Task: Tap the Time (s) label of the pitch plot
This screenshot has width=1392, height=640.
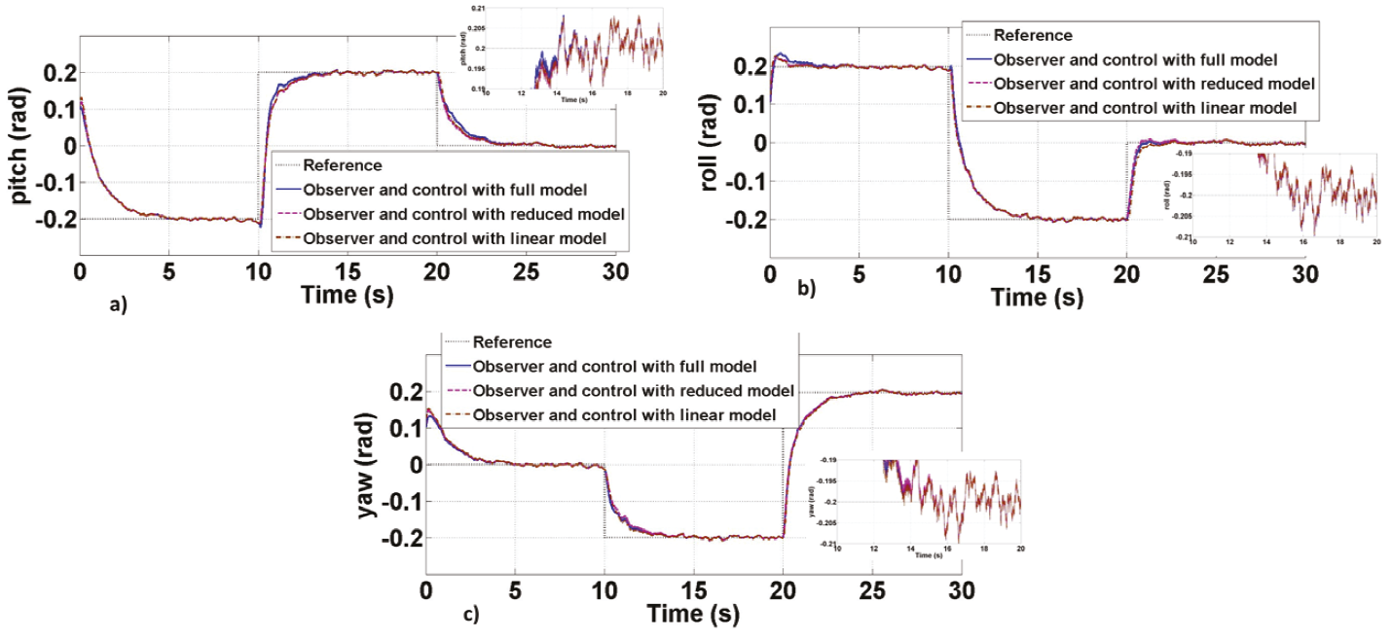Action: click(x=348, y=296)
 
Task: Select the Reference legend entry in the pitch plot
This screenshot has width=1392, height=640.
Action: click(x=343, y=165)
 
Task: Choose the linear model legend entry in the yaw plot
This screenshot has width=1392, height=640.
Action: click(x=624, y=415)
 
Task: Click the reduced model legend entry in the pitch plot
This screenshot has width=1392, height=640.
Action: click(x=463, y=214)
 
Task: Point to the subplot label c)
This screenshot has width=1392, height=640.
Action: click(x=470, y=615)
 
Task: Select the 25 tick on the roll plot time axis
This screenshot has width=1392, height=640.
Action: click(x=1216, y=273)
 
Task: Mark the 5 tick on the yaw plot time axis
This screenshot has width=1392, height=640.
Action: click(x=515, y=589)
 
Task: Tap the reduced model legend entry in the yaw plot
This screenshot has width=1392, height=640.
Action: click(x=633, y=391)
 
